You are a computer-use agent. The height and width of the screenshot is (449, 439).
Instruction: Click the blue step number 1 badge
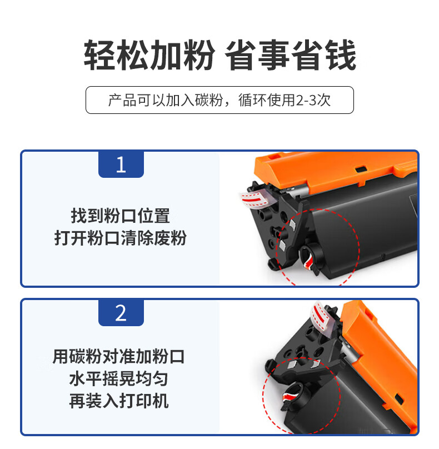[121, 164]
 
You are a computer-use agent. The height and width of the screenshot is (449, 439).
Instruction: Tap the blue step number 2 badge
[121, 313]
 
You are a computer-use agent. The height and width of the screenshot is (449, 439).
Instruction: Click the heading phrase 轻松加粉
[149, 54]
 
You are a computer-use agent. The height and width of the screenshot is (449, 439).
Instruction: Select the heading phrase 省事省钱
[290, 54]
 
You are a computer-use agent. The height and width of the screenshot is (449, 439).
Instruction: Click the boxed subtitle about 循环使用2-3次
[219, 100]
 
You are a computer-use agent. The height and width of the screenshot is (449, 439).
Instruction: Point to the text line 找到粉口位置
[120, 216]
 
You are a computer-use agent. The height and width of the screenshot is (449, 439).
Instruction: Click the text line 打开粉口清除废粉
[120, 238]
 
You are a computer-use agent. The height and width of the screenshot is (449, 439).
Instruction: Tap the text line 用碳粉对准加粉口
[118, 357]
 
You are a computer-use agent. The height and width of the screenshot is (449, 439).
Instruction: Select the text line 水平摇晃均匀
[118, 378]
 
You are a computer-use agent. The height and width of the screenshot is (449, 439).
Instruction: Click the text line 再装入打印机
[118, 401]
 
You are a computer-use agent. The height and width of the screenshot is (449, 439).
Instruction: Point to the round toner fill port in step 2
[294, 395]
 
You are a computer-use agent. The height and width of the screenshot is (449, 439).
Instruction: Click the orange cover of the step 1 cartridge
[335, 169]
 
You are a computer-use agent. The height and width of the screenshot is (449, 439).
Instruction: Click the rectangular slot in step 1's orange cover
[361, 169]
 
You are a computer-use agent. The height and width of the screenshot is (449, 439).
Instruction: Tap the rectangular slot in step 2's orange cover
[399, 398]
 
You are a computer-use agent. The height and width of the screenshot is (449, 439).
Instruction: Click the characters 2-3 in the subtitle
[306, 100]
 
